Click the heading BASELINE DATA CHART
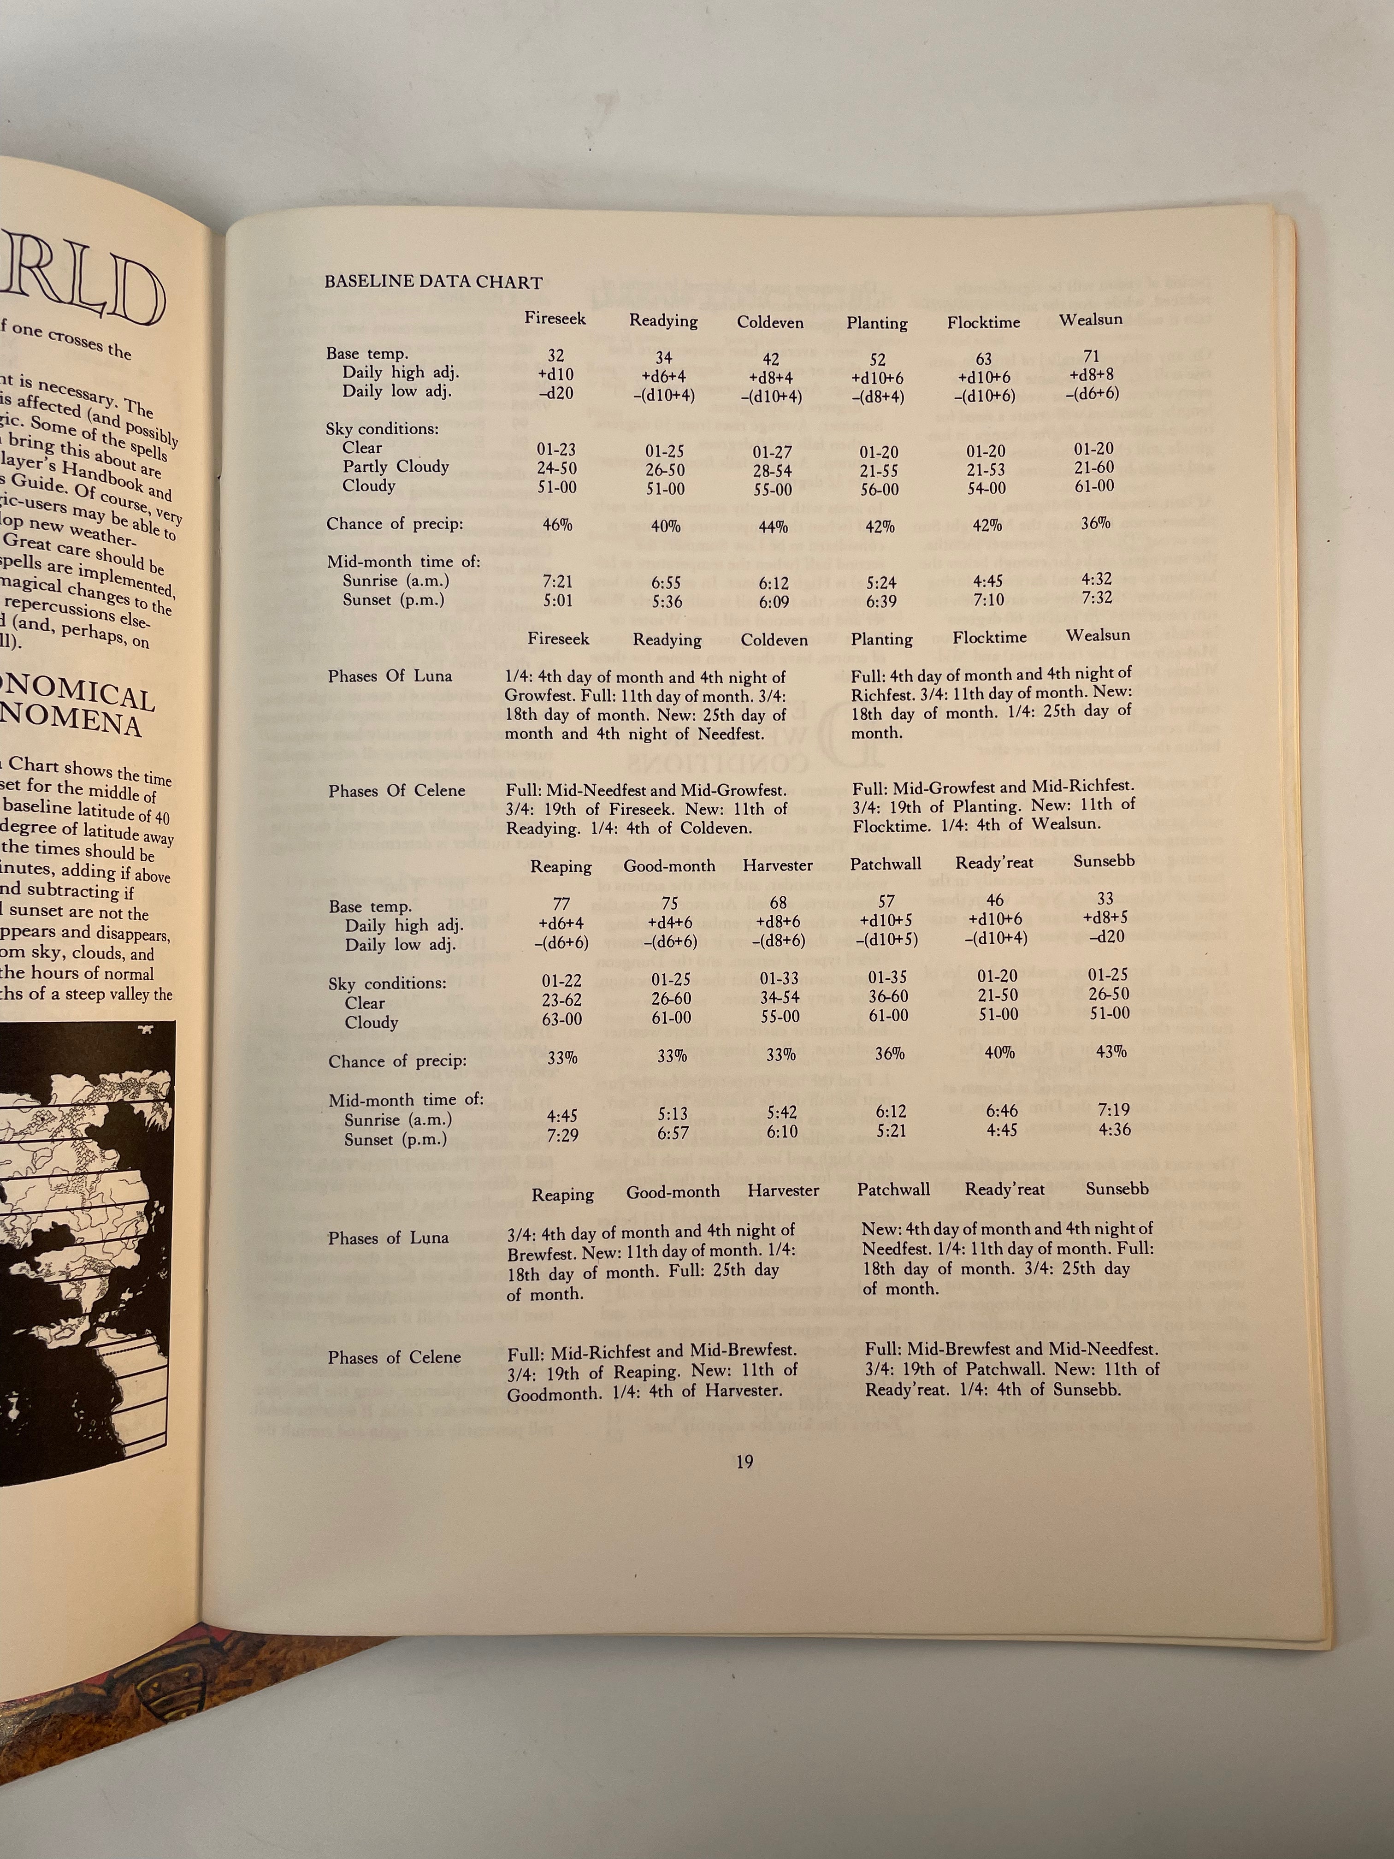(434, 282)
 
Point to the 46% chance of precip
(557, 524)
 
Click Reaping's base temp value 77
(561, 904)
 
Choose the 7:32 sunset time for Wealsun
(1097, 598)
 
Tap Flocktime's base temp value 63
(984, 359)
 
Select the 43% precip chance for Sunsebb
(1111, 1051)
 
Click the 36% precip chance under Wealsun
(1095, 523)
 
